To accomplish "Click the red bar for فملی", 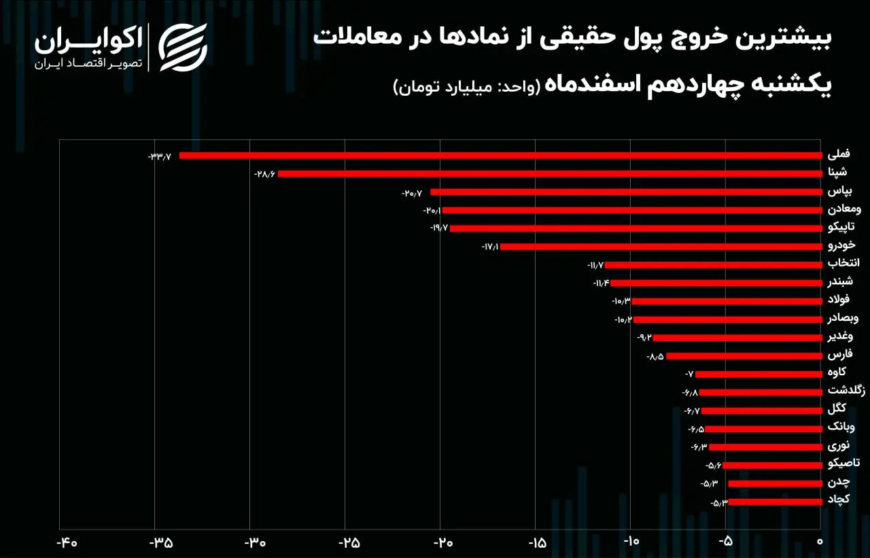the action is click(x=501, y=156).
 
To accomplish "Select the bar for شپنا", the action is click(x=550, y=174).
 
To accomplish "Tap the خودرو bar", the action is click(x=661, y=247).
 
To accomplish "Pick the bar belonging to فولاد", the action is click(x=727, y=301).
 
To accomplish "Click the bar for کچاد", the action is click(x=776, y=502).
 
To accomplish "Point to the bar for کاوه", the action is click(x=759, y=374).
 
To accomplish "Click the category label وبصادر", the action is click(x=843, y=318).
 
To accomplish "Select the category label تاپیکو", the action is click(x=841, y=227).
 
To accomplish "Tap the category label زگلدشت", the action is click(x=846, y=390).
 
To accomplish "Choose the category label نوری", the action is click(x=838, y=446).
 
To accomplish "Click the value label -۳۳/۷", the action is click(x=160, y=157).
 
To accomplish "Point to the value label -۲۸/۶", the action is click(x=264, y=175).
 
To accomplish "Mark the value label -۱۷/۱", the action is click(x=490, y=247).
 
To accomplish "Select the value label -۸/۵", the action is click(x=655, y=356).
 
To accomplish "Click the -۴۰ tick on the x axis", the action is click(x=67, y=542).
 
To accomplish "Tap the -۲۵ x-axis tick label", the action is click(x=349, y=542).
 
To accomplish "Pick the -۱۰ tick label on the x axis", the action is click(x=631, y=541).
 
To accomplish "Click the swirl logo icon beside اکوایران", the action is click(x=183, y=48).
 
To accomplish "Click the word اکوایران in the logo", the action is click(x=88, y=40).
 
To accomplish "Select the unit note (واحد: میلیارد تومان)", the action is click(x=467, y=86).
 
